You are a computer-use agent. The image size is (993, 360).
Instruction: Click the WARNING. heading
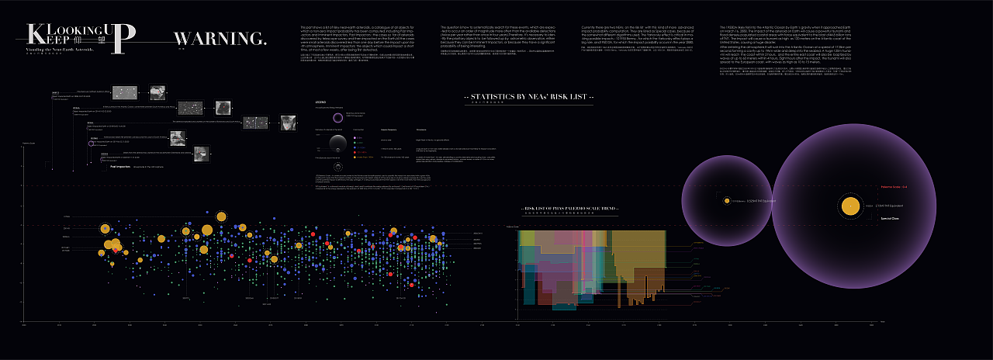click(220, 39)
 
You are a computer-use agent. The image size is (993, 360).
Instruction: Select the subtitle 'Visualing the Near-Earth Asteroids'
click(59, 48)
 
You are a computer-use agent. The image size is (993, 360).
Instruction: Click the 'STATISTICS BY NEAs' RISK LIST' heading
click(530, 97)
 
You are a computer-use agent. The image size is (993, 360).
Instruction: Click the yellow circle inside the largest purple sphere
click(851, 206)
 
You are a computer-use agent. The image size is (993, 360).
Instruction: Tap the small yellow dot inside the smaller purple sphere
click(727, 200)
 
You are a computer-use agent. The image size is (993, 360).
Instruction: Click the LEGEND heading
click(320, 102)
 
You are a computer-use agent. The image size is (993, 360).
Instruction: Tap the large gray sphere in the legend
click(338, 143)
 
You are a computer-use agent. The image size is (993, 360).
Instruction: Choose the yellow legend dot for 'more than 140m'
click(355, 153)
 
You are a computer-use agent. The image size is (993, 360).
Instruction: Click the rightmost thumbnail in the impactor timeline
click(288, 123)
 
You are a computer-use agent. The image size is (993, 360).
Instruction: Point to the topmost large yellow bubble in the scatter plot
click(221, 216)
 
